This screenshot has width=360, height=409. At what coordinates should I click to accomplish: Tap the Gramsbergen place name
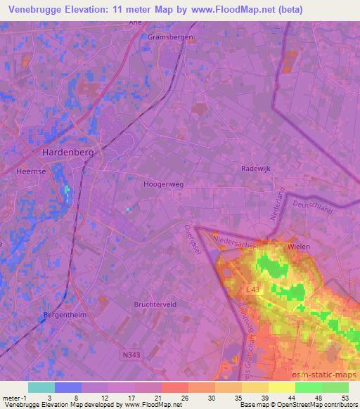pos(167,37)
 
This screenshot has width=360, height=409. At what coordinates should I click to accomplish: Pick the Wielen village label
pos(299,247)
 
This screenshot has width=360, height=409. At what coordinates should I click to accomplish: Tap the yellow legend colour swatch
pos(281,387)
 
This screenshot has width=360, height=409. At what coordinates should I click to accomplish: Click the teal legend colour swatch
pos(41,387)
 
